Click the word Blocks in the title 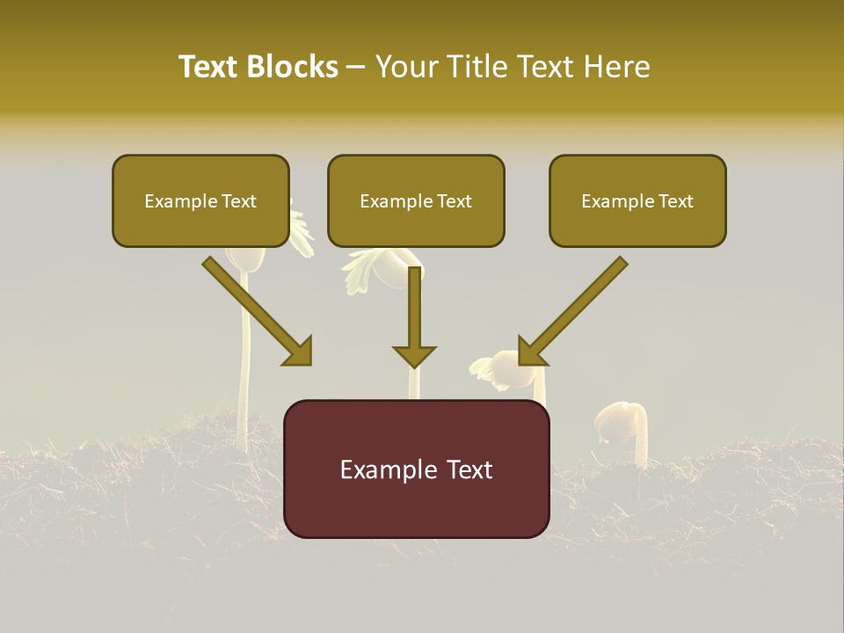pyautogui.click(x=294, y=67)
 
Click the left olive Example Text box pyautogui.click(x=200, y=200)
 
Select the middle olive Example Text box pyautogui.click(x=416, y=200)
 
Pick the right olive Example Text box pyautogui.click(x=637, y=200)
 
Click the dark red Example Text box pyautogui.click(x=416, y=469)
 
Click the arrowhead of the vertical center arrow pyautogui.click(x=414, y=356)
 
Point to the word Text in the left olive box pyautogui.click(x=238, y=201)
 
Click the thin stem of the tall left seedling pyautogui.click(x=245, y=352)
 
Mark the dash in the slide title pyautogui.click(x=356, y=68)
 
